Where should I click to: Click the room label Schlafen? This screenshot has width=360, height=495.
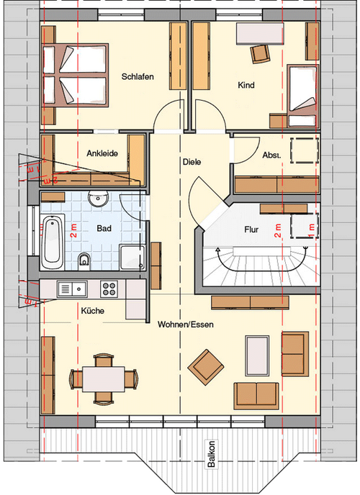(x=138, y=76)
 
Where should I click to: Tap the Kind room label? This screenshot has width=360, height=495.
(x=247, y=85)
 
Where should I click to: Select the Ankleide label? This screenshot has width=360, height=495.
(x=102, y=153)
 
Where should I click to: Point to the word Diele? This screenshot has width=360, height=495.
(x=192, y=162)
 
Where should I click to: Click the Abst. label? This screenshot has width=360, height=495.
(x=271, y=155)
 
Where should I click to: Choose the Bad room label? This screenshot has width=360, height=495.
(x=103, y=227)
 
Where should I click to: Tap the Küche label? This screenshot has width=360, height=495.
(x=94, y=311)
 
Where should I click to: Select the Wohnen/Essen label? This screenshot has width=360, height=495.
(x=186, y=324)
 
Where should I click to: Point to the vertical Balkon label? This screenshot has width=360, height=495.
(x=211, y=455)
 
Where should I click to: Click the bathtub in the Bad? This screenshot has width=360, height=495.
(x=53, y=240)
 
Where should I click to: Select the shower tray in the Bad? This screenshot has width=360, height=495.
(x=131, y=258)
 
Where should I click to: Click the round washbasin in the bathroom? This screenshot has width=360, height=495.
(x=96, y=199)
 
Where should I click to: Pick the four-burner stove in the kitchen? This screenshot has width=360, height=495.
(x=109, y=289)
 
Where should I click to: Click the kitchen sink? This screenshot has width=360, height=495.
(x=72, y=289)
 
